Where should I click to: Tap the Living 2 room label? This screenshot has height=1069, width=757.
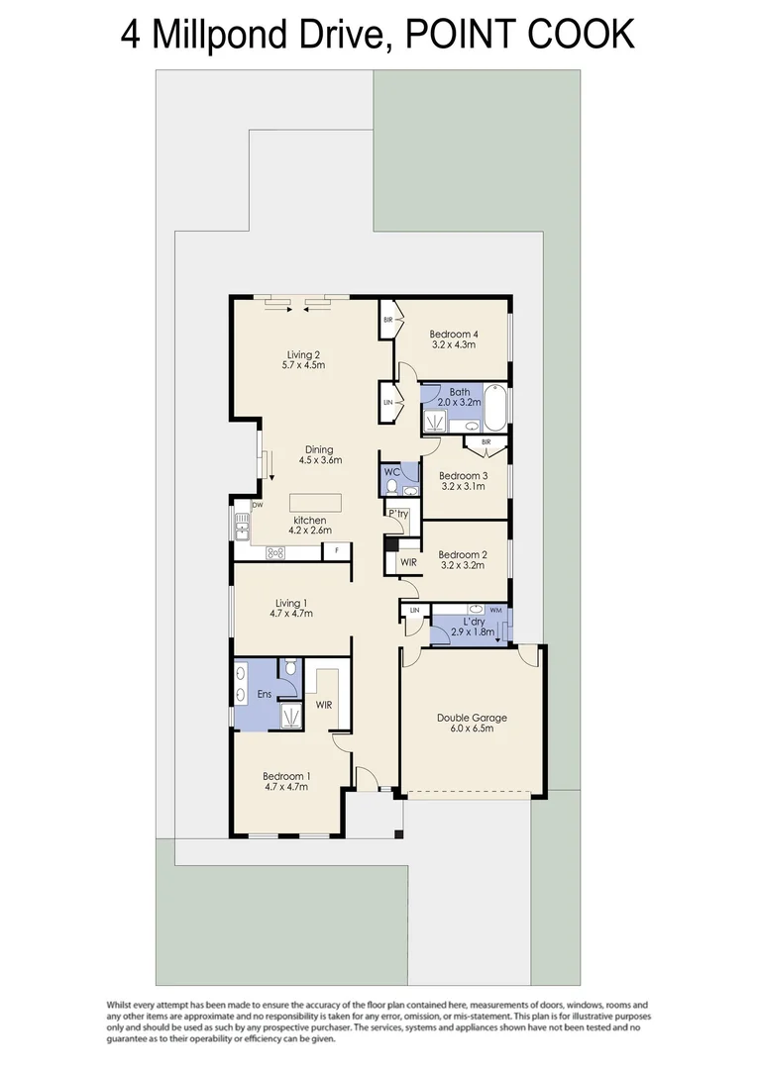[x=303, y=353]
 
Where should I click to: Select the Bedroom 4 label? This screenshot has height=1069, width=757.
[x=454, y=334]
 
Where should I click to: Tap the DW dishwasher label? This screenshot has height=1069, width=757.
[x=257, y=505]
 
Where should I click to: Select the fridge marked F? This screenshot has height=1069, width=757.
[x=338, y=549]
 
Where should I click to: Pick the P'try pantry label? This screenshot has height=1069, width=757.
[x=398, y=513]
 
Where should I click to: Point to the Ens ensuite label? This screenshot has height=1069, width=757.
[x=265, y=695]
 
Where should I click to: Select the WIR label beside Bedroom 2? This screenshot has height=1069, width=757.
[x=408, y=562]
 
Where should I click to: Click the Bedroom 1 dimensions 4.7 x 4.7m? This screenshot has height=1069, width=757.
[x=285, y=788]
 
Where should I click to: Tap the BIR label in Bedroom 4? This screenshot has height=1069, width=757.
[x=388, y=320]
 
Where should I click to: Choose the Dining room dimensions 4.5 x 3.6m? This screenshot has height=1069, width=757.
[x=320, y=460]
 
